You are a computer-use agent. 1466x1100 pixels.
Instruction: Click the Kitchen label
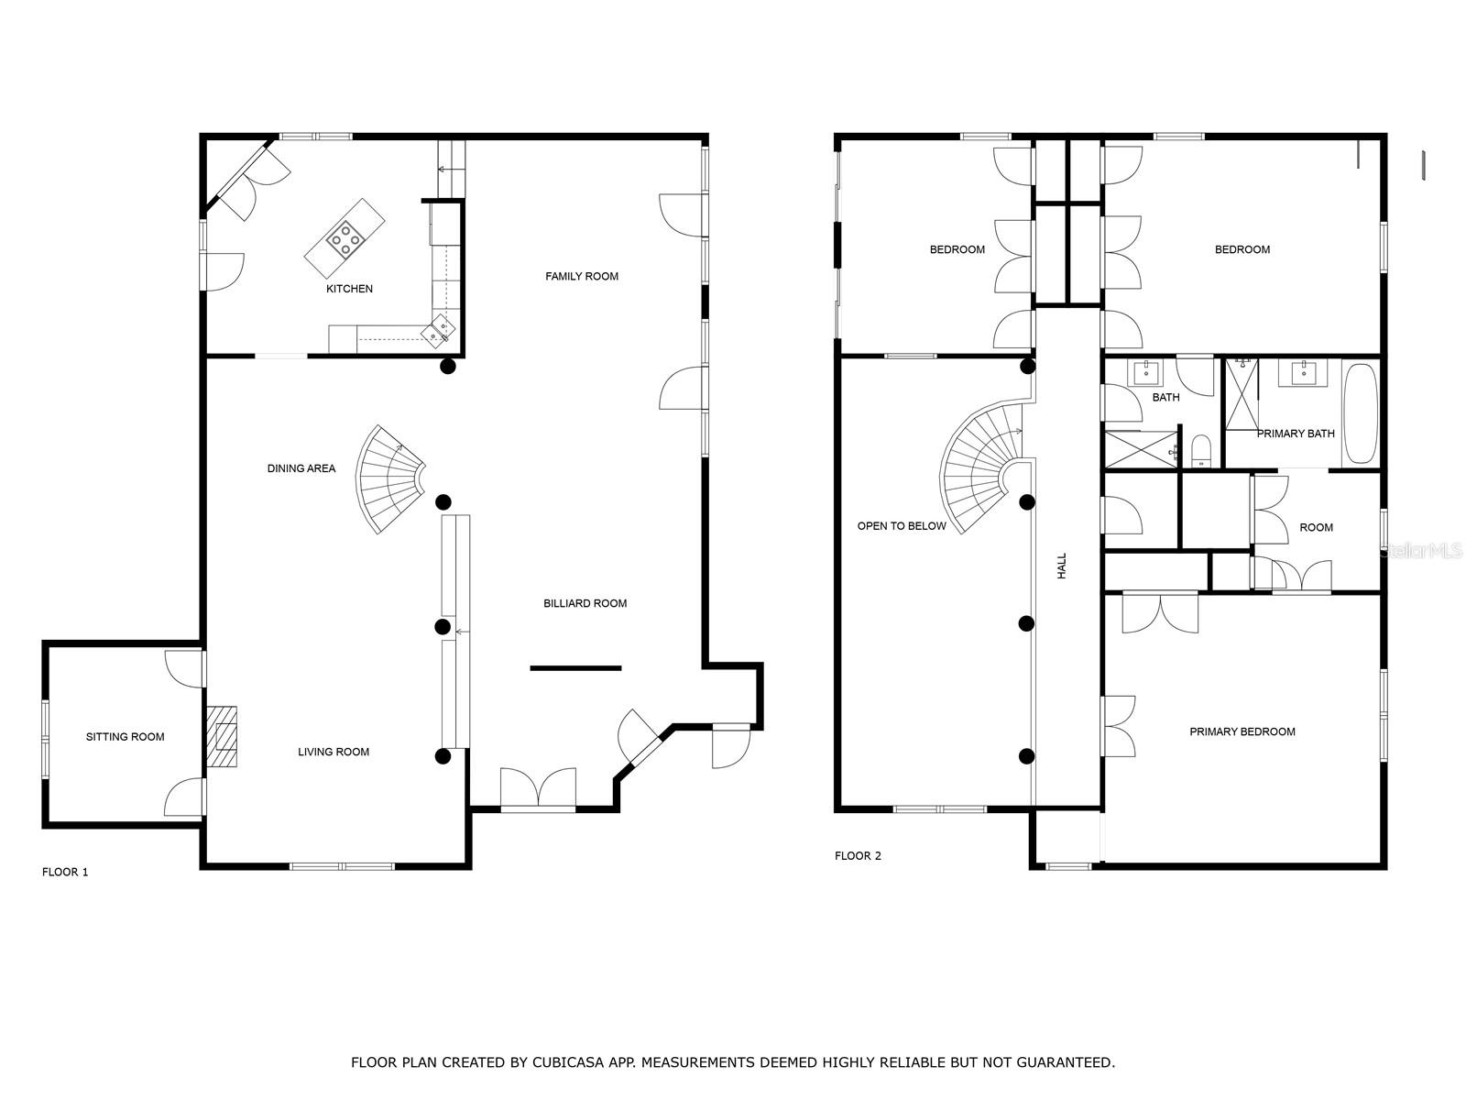click(349, 289)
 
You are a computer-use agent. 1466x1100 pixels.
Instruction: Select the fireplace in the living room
click(223, 736)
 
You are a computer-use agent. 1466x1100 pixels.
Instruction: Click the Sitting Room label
click(126, 737)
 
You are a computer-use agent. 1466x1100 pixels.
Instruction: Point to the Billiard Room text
click(585, 603)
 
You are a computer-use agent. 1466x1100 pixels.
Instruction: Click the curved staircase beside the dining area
click(389, 478)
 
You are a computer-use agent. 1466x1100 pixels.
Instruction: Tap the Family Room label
click(582, 276)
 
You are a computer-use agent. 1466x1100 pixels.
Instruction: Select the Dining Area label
click(301, 468)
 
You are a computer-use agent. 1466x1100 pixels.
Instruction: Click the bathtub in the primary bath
click(1360, 415)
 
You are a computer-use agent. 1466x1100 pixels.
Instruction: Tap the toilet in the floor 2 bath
click(1201, 451)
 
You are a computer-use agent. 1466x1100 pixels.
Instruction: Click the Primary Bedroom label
click(1242, 731)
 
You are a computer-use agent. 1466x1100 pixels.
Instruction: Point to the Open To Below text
click(902, 526)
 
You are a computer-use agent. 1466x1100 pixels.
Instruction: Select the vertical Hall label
click(1062, 566)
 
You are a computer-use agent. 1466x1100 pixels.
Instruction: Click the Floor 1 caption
click(65, 872)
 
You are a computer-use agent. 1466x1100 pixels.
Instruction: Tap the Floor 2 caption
click(858, 856)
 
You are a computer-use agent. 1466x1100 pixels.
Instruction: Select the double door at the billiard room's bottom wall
click(539, 789)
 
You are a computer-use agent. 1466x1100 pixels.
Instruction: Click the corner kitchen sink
click(439, 329)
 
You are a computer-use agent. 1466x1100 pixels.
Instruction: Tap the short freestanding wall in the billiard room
click(575, 668)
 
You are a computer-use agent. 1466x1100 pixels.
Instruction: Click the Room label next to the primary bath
click(1316, 528)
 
